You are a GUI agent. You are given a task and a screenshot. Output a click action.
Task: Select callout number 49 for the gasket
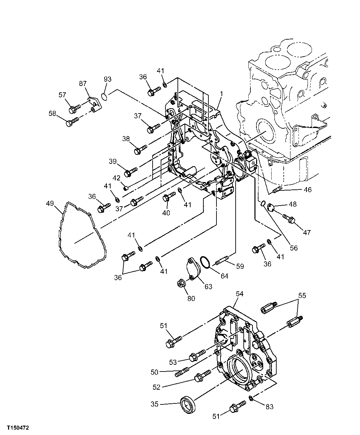coord(50,204)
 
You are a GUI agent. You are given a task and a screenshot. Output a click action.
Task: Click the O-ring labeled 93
coord(104,97)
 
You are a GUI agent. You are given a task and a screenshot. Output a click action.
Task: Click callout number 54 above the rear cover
coord(239,294)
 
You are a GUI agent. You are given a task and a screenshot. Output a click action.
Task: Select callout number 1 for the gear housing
coord(222,92)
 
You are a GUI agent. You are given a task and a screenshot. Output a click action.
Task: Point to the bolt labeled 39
coord(130,172)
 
